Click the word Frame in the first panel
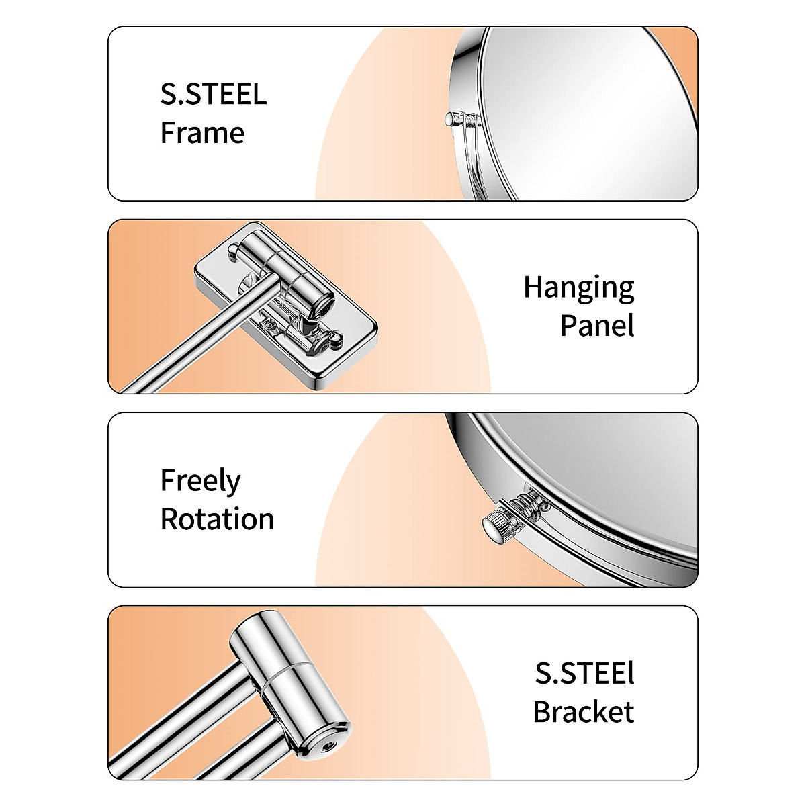pos(201,132)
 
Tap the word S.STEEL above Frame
pos(213,94)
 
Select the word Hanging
pos(578,287)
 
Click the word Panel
pos(597,326)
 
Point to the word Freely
pos(200,482)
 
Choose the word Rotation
pos(217,519)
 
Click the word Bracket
pos(583,712)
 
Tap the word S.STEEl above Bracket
pos(584,674)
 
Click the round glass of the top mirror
pos(591,114)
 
